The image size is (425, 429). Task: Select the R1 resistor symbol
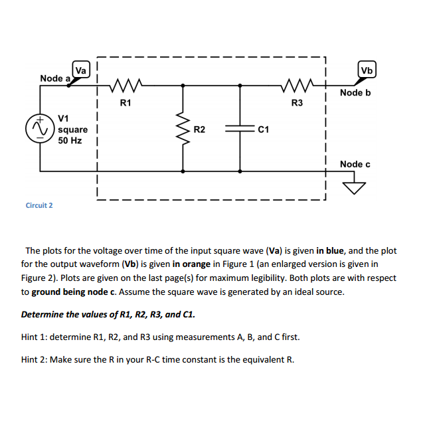pyautogui.click(x=125, y=85)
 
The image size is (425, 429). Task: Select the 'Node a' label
pyautogui.click(x=55, y=78)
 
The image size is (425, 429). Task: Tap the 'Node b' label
pyautogui.click(x=355, y=92)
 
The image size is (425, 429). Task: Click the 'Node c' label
pyautogui.click(x=355, y=164)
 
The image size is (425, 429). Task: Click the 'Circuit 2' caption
pyautogui.click(x=39, y=205)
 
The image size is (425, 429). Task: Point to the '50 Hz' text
pyautogui.click(x=70, y=141)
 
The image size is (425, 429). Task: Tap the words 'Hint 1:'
pyautogui.click(x=35, y=337)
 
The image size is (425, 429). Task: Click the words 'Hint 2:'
pyautogui.click(x=35, y=359)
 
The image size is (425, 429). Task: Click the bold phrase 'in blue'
pyautogui.click(x=330, y=251)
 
